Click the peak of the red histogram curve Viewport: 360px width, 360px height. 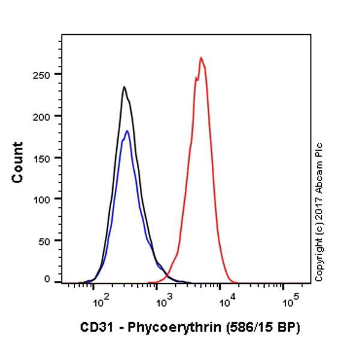201,58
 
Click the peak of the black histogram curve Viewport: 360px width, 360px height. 124,87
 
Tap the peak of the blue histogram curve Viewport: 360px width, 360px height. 127,131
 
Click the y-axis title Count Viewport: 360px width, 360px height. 17,163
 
